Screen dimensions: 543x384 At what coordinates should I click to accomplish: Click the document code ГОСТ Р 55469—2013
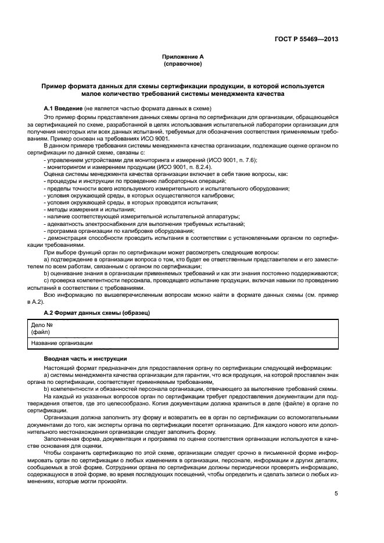306,39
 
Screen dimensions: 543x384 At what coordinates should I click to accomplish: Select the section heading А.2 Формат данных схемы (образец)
97,313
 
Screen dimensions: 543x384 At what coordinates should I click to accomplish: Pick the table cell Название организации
58,343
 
